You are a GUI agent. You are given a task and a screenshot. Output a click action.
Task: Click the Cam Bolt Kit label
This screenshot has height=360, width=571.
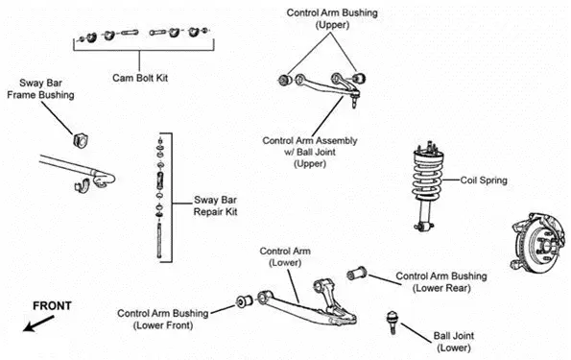140,78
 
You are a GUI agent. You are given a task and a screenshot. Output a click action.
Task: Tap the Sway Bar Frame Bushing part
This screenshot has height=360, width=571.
82,140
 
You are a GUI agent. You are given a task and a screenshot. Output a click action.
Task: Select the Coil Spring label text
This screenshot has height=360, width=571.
484,180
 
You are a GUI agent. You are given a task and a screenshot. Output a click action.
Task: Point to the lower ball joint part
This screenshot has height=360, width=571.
392,323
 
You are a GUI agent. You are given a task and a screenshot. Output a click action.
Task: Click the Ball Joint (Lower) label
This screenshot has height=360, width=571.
454,342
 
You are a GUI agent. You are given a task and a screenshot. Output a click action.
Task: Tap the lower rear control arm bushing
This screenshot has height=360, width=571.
357,274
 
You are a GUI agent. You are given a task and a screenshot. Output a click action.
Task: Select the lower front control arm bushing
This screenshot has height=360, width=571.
245,300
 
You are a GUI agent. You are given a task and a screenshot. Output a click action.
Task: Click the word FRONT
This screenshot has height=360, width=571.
52,305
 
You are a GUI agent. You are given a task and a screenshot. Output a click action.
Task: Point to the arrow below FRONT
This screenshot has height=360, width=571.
38,324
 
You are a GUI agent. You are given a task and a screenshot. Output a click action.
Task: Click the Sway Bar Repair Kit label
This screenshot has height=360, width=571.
215,205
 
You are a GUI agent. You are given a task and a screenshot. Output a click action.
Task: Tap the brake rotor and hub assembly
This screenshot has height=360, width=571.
539,242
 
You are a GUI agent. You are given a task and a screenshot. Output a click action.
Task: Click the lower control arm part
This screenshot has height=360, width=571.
307,303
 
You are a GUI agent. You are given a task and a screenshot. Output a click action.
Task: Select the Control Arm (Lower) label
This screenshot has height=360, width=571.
285,256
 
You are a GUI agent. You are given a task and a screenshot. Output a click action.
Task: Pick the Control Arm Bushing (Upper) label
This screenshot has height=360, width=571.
332,18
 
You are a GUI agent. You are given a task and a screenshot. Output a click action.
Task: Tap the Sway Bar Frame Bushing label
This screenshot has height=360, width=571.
40,89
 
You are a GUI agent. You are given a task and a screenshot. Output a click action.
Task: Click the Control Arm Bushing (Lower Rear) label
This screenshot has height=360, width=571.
441,282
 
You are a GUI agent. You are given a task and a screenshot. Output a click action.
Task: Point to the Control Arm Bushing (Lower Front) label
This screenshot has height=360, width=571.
163,319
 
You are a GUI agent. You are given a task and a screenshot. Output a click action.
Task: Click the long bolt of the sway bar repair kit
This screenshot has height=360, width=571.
159,241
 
